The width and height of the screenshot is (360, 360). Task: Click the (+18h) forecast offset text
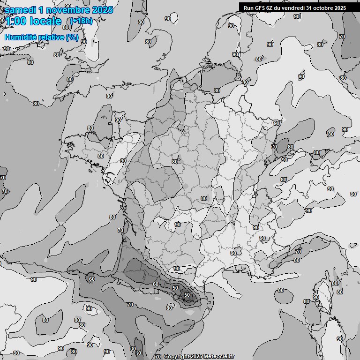[x=81, y=21]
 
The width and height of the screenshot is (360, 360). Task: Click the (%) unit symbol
[x=72, y=37]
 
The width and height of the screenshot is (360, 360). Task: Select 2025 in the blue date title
[x=103, y=10]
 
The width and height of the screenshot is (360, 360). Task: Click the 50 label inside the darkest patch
[x=187, y=295]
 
